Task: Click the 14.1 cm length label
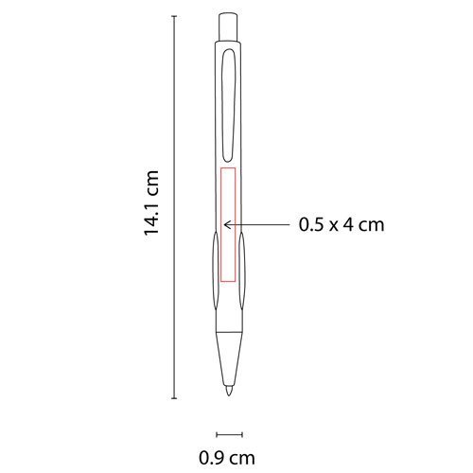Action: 151,202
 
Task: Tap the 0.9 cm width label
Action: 227,458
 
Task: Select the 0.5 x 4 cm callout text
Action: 342,225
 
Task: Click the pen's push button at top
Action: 228,26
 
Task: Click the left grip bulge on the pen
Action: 215,271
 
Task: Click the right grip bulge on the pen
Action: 242,271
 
